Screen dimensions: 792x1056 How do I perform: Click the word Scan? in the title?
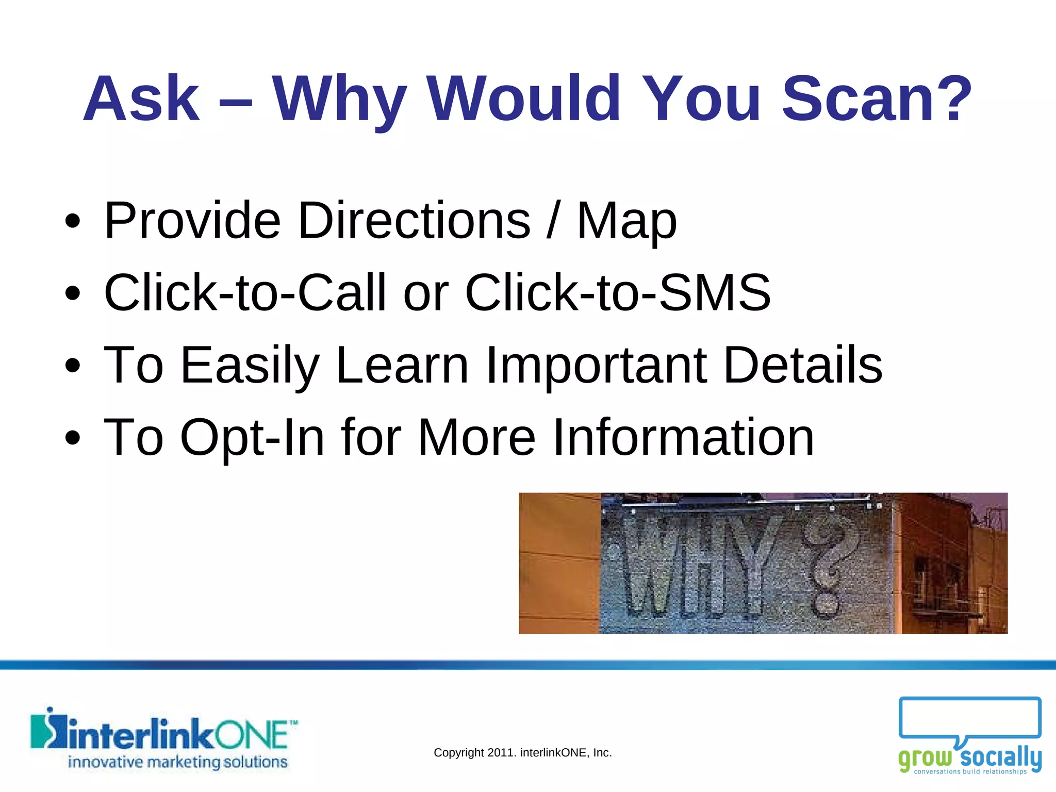(877, 99)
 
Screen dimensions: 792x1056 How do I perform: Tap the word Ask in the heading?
(141, 99)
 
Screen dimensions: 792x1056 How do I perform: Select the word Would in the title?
(523, 99)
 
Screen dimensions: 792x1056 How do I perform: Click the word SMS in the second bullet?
(715, 293)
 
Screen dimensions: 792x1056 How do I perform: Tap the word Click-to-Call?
(245, 293)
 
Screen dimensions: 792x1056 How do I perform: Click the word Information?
(683, 437)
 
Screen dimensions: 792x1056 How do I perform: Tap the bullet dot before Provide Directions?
(73, 222)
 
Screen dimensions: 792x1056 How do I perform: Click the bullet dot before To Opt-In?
(73, 438)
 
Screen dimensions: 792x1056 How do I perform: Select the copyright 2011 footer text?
(523, 753)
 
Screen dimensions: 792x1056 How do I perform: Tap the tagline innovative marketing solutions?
(178, 762)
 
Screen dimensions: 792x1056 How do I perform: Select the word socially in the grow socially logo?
(1000, 758)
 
